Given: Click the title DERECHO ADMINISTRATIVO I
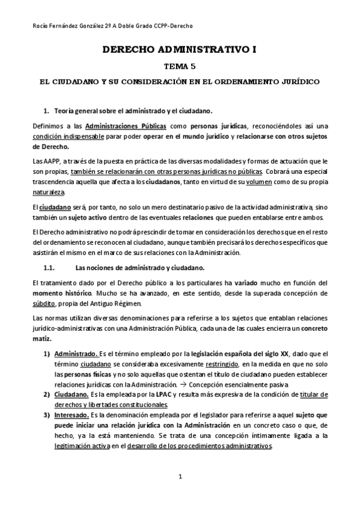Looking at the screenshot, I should click(x=180, y=51).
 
